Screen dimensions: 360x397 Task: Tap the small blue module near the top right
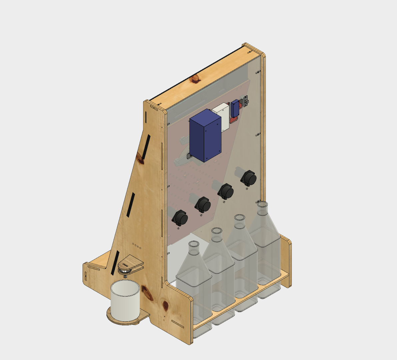235,108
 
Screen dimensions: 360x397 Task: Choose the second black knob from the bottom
203,204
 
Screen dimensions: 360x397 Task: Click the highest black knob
249,178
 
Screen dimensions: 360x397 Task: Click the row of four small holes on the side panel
137,246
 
